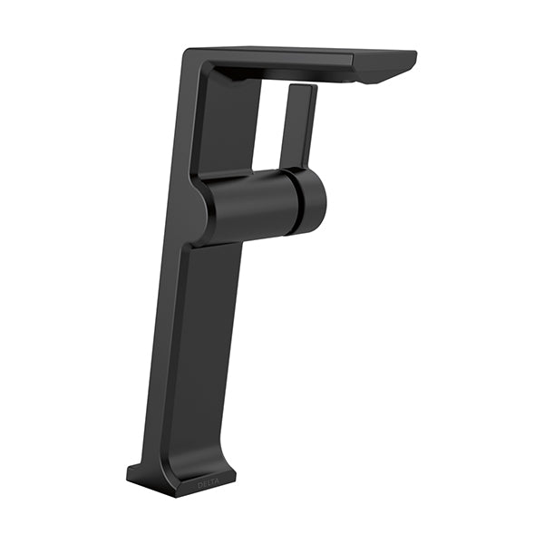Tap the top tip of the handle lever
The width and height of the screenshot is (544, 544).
(303, 85)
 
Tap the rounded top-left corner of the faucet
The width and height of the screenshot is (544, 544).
(188, 53)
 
